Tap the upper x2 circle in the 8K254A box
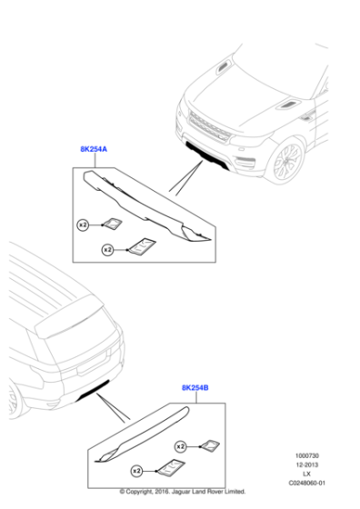pos(83,223)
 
